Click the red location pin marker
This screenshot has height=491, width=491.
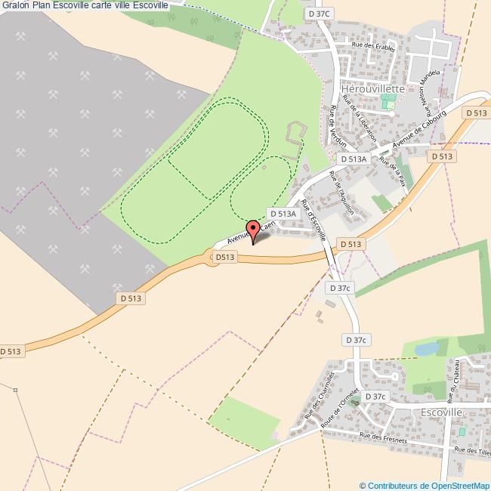[253, 228]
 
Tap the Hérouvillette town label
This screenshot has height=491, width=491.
[373, 88]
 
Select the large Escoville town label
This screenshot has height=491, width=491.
[442, 412]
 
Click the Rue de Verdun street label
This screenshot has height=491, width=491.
[336, 126]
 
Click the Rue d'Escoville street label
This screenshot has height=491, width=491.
[313, 219]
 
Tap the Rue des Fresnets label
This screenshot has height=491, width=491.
[383, 438]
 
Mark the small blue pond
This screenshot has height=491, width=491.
[426, 348]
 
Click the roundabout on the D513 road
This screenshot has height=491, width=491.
[214, 258]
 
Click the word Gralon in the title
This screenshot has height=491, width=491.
[14, 5]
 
